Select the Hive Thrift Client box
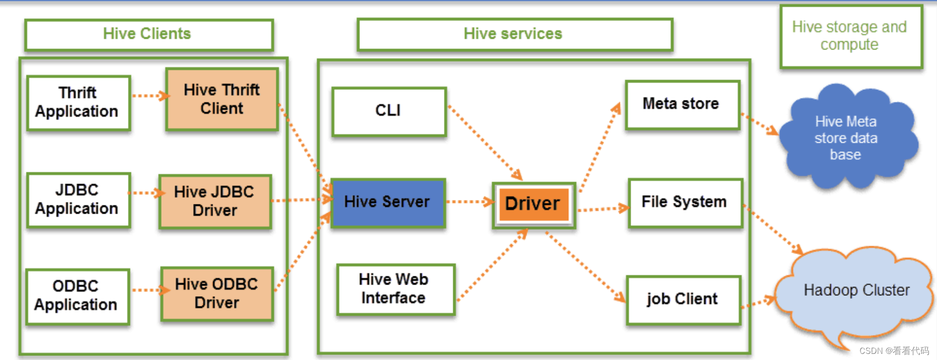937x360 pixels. click(222, 99)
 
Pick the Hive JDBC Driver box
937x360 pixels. click(215, 201)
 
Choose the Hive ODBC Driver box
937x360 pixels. click(217, 293)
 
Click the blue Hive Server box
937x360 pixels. click(387, 202)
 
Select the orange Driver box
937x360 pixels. click(533, 204)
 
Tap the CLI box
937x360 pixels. click(388, 111)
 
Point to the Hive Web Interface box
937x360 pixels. click(395, 289)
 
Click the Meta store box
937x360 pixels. click(682, 104)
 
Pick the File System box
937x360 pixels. click(685, 202)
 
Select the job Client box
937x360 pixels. click(683, 299)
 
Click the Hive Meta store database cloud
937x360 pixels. click(847, 138)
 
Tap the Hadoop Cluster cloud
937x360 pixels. click(856, 291)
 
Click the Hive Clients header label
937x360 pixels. click(148, 34)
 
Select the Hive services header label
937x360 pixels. click(513, 34)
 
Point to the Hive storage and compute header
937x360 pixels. click(850, 36)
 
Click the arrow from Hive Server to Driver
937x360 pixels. click(469, 202)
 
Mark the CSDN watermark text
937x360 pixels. click(894, 351)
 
